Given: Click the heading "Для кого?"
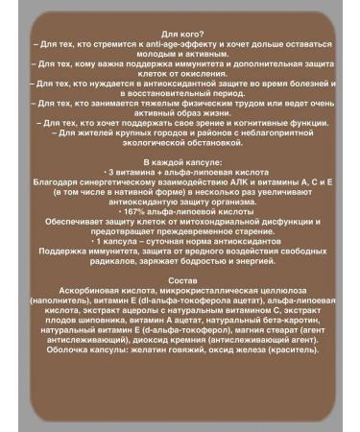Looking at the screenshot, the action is pos(180,33).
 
